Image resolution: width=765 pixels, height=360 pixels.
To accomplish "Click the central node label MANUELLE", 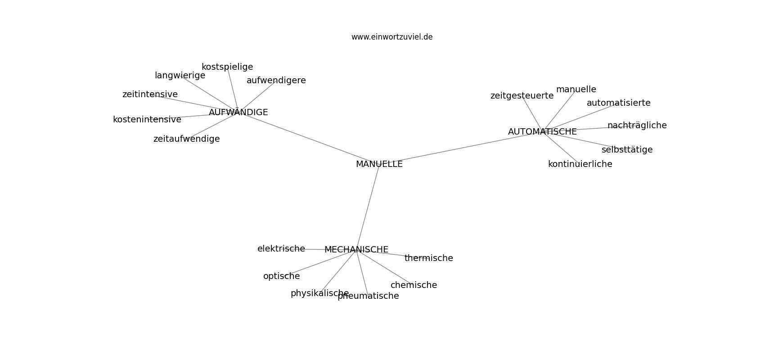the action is (x=379, y=164).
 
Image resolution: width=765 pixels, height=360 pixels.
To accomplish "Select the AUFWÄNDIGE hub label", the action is (x=238, y=112).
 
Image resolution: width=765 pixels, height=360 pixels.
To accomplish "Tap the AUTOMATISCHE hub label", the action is (x=542, y=132).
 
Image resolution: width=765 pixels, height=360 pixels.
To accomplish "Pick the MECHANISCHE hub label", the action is (x=356, y=250).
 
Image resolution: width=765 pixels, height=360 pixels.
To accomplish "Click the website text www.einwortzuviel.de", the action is (x=392, y=37).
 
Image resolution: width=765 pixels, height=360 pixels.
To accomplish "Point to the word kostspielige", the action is (x=227, y=67).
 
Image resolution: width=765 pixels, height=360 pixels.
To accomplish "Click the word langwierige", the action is (x=180, y=76).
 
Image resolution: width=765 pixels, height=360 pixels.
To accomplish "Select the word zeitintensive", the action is (x=150, y=94).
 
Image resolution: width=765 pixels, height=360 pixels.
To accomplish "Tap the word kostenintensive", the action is (x=147, y=120).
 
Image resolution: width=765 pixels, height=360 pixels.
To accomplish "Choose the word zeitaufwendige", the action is (x=186, y=139).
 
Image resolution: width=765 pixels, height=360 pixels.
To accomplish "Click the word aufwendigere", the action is (x=276, y=81).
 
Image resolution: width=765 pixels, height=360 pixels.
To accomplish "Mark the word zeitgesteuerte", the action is (x=522, y=96).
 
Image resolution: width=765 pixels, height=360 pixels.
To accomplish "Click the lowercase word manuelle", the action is (x=576, y=90).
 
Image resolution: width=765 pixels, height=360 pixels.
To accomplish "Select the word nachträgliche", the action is (x=637, y=126).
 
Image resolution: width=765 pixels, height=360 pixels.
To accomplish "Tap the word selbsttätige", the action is (x=627, y=149).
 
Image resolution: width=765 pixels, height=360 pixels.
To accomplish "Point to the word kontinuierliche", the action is (x=580, y=164).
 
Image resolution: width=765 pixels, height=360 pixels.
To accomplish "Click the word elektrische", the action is (x=281, y=249).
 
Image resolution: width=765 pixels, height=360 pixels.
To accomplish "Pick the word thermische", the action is (x=428, y=258).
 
